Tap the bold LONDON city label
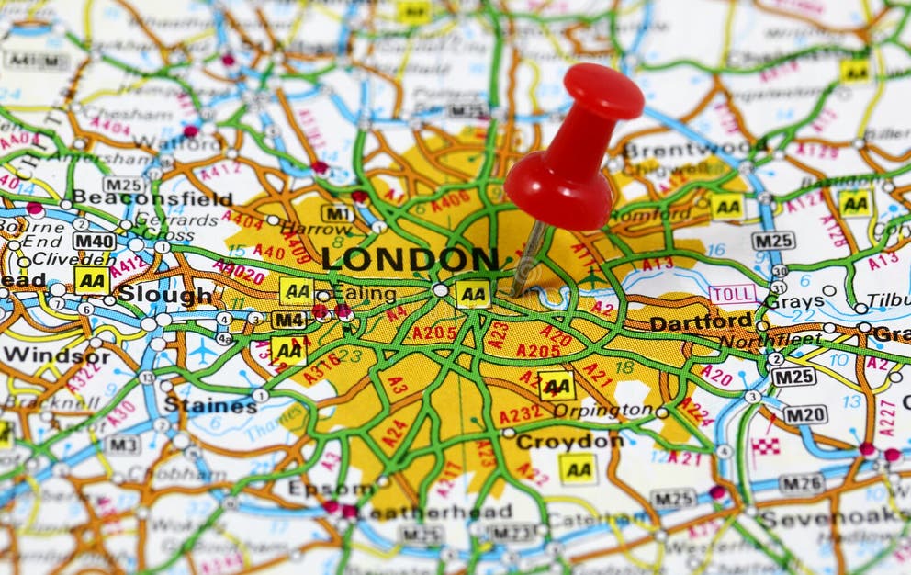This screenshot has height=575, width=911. (410, 260)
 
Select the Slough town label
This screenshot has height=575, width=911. (164, 295)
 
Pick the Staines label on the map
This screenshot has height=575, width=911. (210, 405)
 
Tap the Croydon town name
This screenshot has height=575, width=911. (569, 442)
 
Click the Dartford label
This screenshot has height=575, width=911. (701, 323)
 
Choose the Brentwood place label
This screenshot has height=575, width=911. (694, 151)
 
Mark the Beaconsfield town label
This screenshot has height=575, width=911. (152, 198)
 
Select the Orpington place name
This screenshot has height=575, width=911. (602, 411)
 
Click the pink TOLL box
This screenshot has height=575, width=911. (733, 294)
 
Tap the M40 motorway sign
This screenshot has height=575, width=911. (94, 242)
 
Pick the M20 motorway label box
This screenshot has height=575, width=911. (804, 415)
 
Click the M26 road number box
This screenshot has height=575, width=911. (801, 482)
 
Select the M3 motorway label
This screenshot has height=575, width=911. (121, 445)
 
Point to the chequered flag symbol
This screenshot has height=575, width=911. (766, 446)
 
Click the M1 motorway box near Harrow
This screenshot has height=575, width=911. (337, 213)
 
